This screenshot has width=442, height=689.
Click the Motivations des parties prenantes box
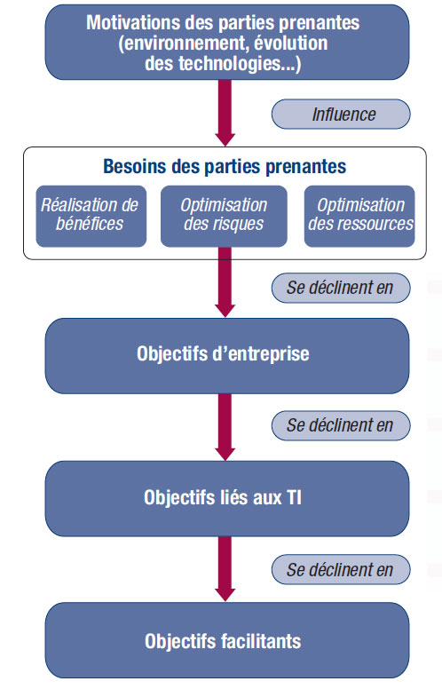227,43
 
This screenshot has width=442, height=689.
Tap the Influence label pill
341,115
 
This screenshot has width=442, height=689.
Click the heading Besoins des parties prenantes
225,167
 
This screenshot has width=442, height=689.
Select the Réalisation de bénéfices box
91,216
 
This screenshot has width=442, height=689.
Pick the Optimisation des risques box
224,216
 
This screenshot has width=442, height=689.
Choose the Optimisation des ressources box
359,216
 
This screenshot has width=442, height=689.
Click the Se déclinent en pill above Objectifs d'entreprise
341,288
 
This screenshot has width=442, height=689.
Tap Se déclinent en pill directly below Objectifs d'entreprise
341,425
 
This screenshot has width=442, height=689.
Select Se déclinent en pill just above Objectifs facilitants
341,569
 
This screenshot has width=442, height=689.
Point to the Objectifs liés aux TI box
227,498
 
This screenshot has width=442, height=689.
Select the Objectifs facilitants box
227,641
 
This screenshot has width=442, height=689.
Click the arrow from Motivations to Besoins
225,113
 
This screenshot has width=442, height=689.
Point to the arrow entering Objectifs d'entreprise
225,282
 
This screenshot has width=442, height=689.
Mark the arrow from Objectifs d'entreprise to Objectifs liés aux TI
225,427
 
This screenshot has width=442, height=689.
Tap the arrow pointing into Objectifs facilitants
225,569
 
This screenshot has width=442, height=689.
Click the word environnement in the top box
185,44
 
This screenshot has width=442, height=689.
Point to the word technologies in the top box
229,64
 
